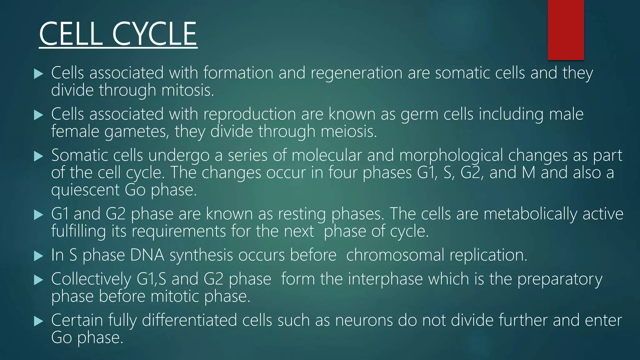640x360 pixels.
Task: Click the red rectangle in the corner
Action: coord(566,30)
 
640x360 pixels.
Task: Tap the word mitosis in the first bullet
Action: coord(187,90)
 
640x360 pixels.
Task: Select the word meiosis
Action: coord(349,132)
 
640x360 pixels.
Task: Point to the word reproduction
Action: coord(249,114)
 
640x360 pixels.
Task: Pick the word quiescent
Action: coord(85,190)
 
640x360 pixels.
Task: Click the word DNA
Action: coord(147,255)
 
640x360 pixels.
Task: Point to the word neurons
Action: coord(364,320)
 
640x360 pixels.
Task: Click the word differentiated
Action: coord(189,320)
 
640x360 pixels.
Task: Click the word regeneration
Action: coord(356,73)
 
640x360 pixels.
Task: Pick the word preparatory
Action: coord(560,279)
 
